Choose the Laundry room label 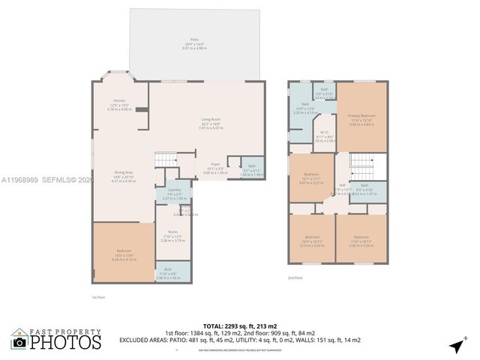pyautogui.click(x=175, y=191)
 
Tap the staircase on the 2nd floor pyautogui.click(x=362, y=161)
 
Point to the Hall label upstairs pyautogui.click(x=342, y=185)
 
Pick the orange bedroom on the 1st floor pyautogui.click(x=124, y=252)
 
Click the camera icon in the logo pyautogui.click(x=19, y=342)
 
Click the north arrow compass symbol pyautogui.click(x=456, y=345)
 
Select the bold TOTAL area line pyautogui.click(x=239, y=325)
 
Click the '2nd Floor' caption pyautogui.click(x=295, y=277)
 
